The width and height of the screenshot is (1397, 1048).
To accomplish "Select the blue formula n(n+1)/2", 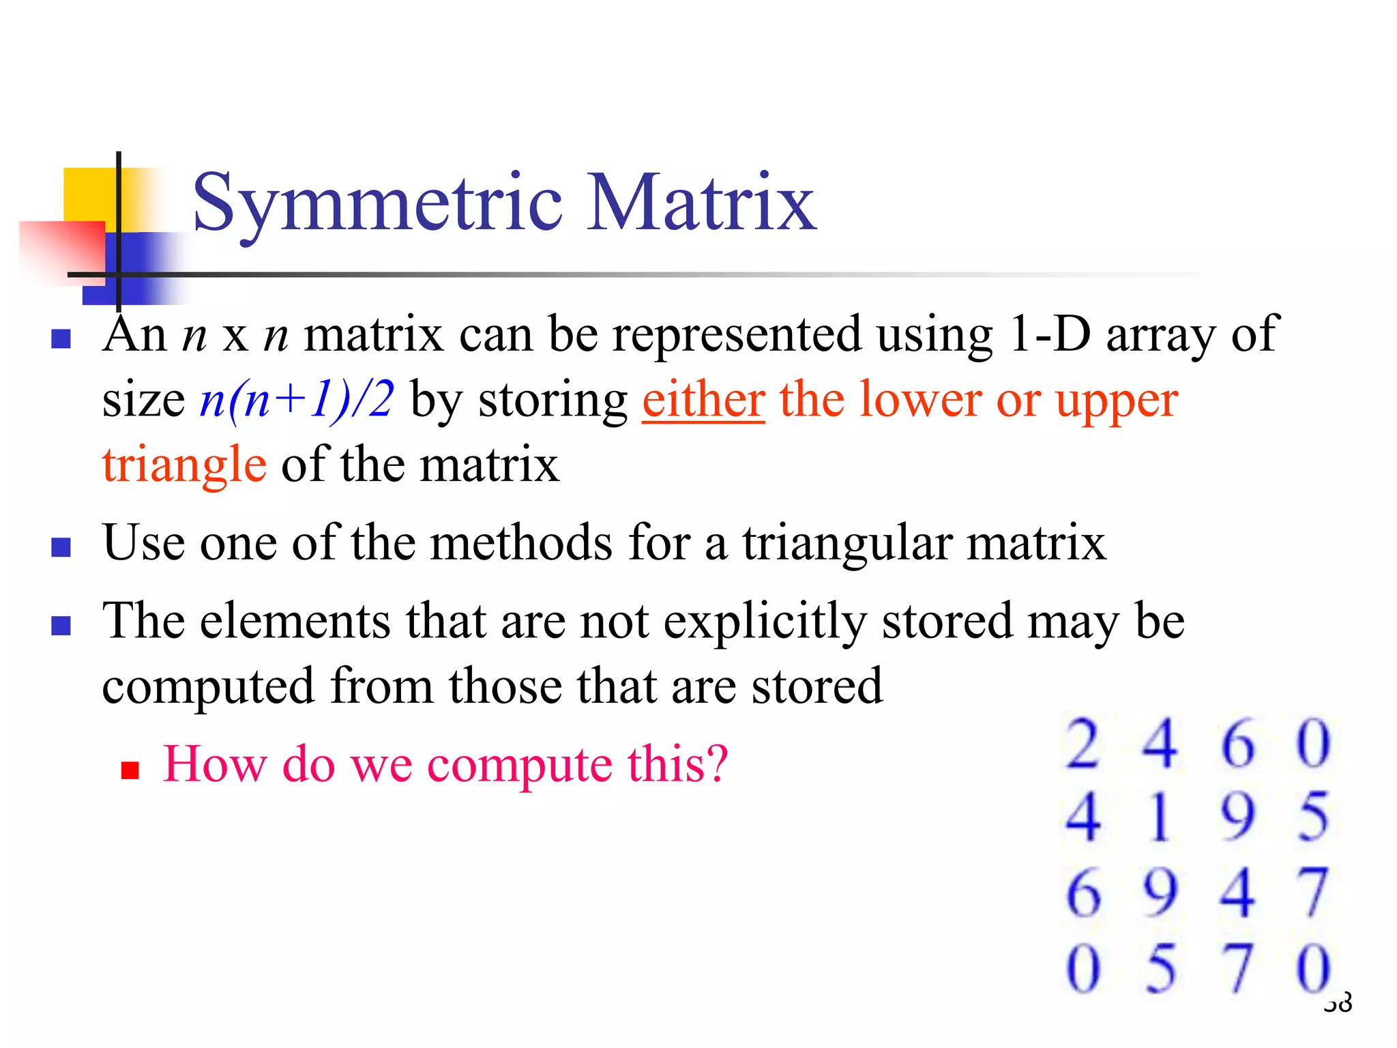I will click(x=297, y=400).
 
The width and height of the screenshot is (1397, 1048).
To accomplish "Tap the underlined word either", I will click(x=703, y=400).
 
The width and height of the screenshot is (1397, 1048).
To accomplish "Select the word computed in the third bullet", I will click(x=208, y=686).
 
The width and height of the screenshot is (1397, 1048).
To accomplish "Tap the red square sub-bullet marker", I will click(x=130, y=770).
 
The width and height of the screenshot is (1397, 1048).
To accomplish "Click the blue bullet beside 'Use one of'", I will click(x=61, y=547).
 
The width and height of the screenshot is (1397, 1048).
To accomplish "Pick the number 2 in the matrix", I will click(x=1083, y=744).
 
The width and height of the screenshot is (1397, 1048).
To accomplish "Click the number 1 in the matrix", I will click(x=1160, y=817).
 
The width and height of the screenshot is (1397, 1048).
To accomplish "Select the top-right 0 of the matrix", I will click(x=1313, y=744).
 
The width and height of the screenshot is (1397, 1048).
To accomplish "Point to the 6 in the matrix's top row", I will click(x=1237, y=744).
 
